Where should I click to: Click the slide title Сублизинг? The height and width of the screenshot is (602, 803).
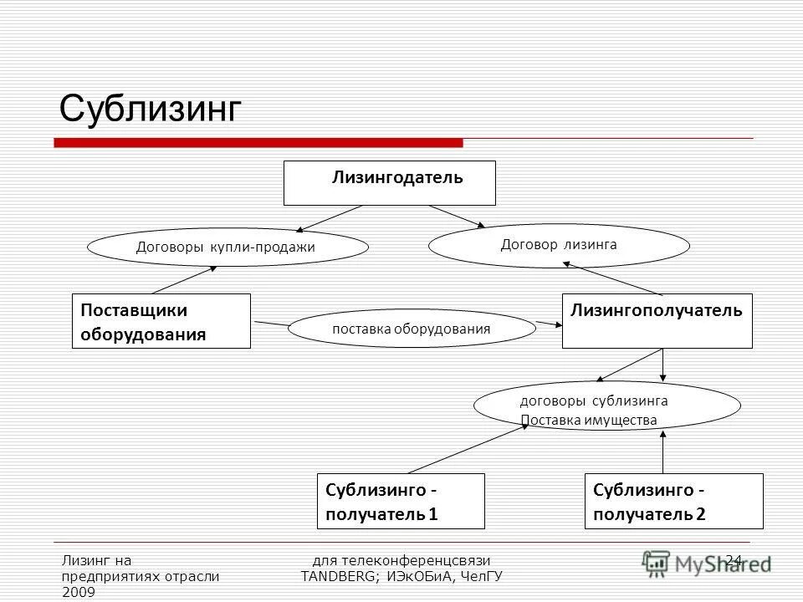coord(151,109)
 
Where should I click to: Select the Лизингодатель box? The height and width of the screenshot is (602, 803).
coord(390,183)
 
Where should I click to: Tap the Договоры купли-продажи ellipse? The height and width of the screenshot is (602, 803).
coord(228,247)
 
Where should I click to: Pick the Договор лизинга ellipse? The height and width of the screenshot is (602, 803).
coord(559,245)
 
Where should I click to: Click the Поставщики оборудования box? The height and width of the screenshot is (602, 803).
coord(161,321)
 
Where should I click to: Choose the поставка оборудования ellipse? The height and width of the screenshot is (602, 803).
coord(412,329)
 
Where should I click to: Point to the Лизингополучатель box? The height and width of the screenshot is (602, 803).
coord(657,321)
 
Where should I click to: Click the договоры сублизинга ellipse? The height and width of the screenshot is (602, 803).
coord(607,406)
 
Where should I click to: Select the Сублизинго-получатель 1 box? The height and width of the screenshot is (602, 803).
coord(401,501)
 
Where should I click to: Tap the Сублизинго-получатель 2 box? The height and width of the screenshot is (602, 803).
coord(673,501)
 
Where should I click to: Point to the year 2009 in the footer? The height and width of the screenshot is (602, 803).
coord(79,592)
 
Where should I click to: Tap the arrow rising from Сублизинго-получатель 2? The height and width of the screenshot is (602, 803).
coord(663,452)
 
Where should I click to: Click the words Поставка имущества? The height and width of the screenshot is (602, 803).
coord(589,420)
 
